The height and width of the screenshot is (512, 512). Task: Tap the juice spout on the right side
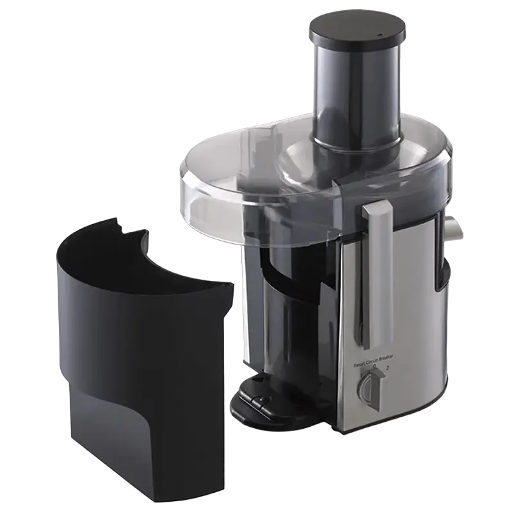[454, 230]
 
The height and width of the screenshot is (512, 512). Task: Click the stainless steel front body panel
[410, 320]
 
